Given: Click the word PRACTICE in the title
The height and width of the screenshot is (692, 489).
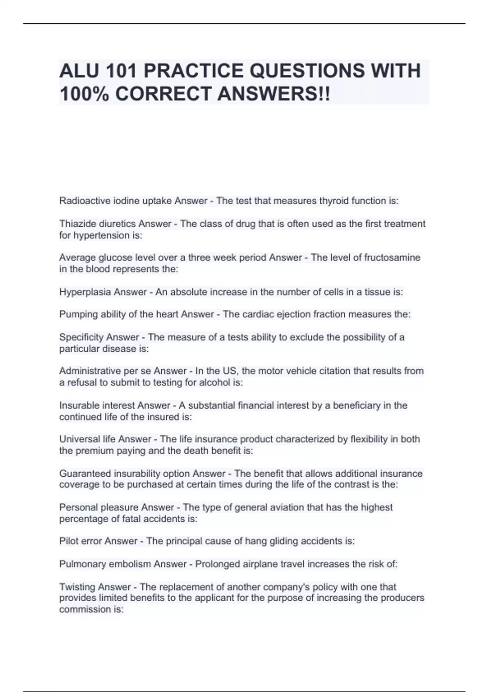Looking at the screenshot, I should coord(192,71).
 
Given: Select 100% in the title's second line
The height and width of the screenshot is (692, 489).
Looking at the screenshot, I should coord(84,94).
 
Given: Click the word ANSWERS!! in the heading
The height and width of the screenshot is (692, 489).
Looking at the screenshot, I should coord(274,94).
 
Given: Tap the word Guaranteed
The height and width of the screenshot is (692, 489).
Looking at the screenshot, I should coord(85,473).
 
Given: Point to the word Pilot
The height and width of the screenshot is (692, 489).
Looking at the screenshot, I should coord(68,541).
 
